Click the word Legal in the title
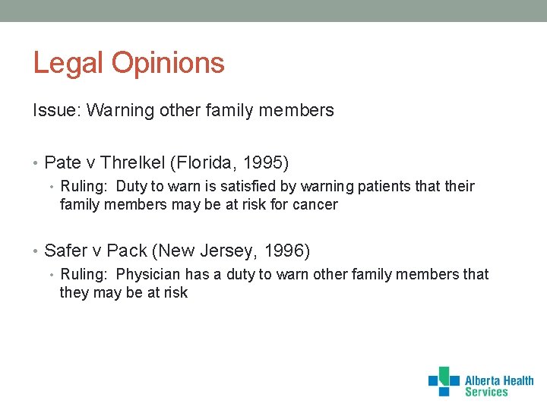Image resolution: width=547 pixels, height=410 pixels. click(x=69, y=63)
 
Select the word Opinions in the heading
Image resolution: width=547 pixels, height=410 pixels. click(x=169, y=63)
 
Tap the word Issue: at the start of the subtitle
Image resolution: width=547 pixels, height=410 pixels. click(x=57, y=111)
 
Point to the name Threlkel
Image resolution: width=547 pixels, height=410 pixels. click(x=134, y=162)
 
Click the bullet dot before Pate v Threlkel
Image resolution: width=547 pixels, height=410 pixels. click(x=36, y=163)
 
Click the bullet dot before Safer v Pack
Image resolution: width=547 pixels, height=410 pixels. click(x=36, y=251)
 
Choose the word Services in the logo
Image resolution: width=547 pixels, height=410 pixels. click(x=485, y=392)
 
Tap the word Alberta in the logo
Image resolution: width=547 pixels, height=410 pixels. click(x=483, y=380)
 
